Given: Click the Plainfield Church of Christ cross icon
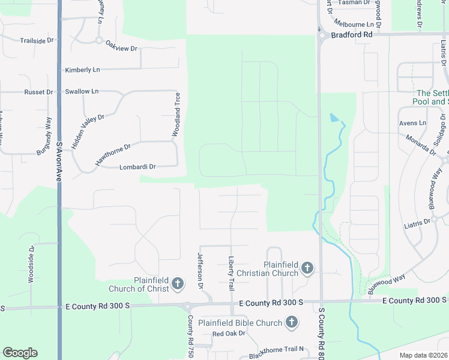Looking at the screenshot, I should click(x=178, y=283).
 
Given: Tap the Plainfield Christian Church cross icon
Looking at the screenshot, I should click(x=307, y=268).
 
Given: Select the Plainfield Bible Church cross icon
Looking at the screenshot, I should click(x=291, y=323).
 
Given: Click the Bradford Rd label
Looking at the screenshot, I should click(x=351, y=35).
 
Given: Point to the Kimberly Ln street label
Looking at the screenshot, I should click(x=82, y=70).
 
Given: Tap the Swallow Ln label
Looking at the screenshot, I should click(x=82, y=91).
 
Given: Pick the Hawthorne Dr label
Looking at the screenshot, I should click(x=113, y=155).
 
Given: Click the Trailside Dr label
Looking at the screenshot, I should click(x=37, y=41).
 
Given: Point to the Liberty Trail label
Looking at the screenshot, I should click(x=231, y=274).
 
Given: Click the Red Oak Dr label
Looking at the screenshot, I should click(x=225, y=334).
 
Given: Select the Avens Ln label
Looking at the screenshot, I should click(x=412, y=123).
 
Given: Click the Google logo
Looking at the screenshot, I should click(x=20, y=353).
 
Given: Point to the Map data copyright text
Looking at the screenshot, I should click(x=424, y=355).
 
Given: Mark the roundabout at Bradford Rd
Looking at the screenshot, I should click(x=322, y=35).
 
